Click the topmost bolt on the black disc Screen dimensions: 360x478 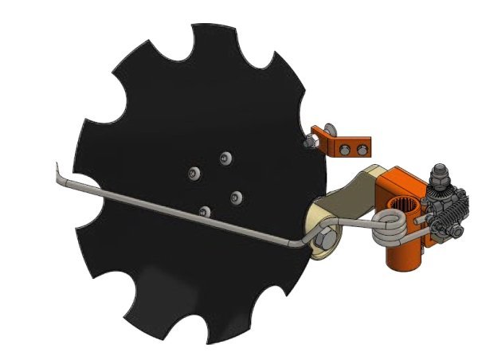(225, 156)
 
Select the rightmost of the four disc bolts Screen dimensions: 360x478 (236, 196)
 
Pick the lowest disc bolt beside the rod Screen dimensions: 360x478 (206, 212)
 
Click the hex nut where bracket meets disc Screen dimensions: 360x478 (310, 141)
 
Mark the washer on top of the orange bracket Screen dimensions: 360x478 (329, 129)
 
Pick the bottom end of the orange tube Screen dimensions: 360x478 (403, 262)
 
